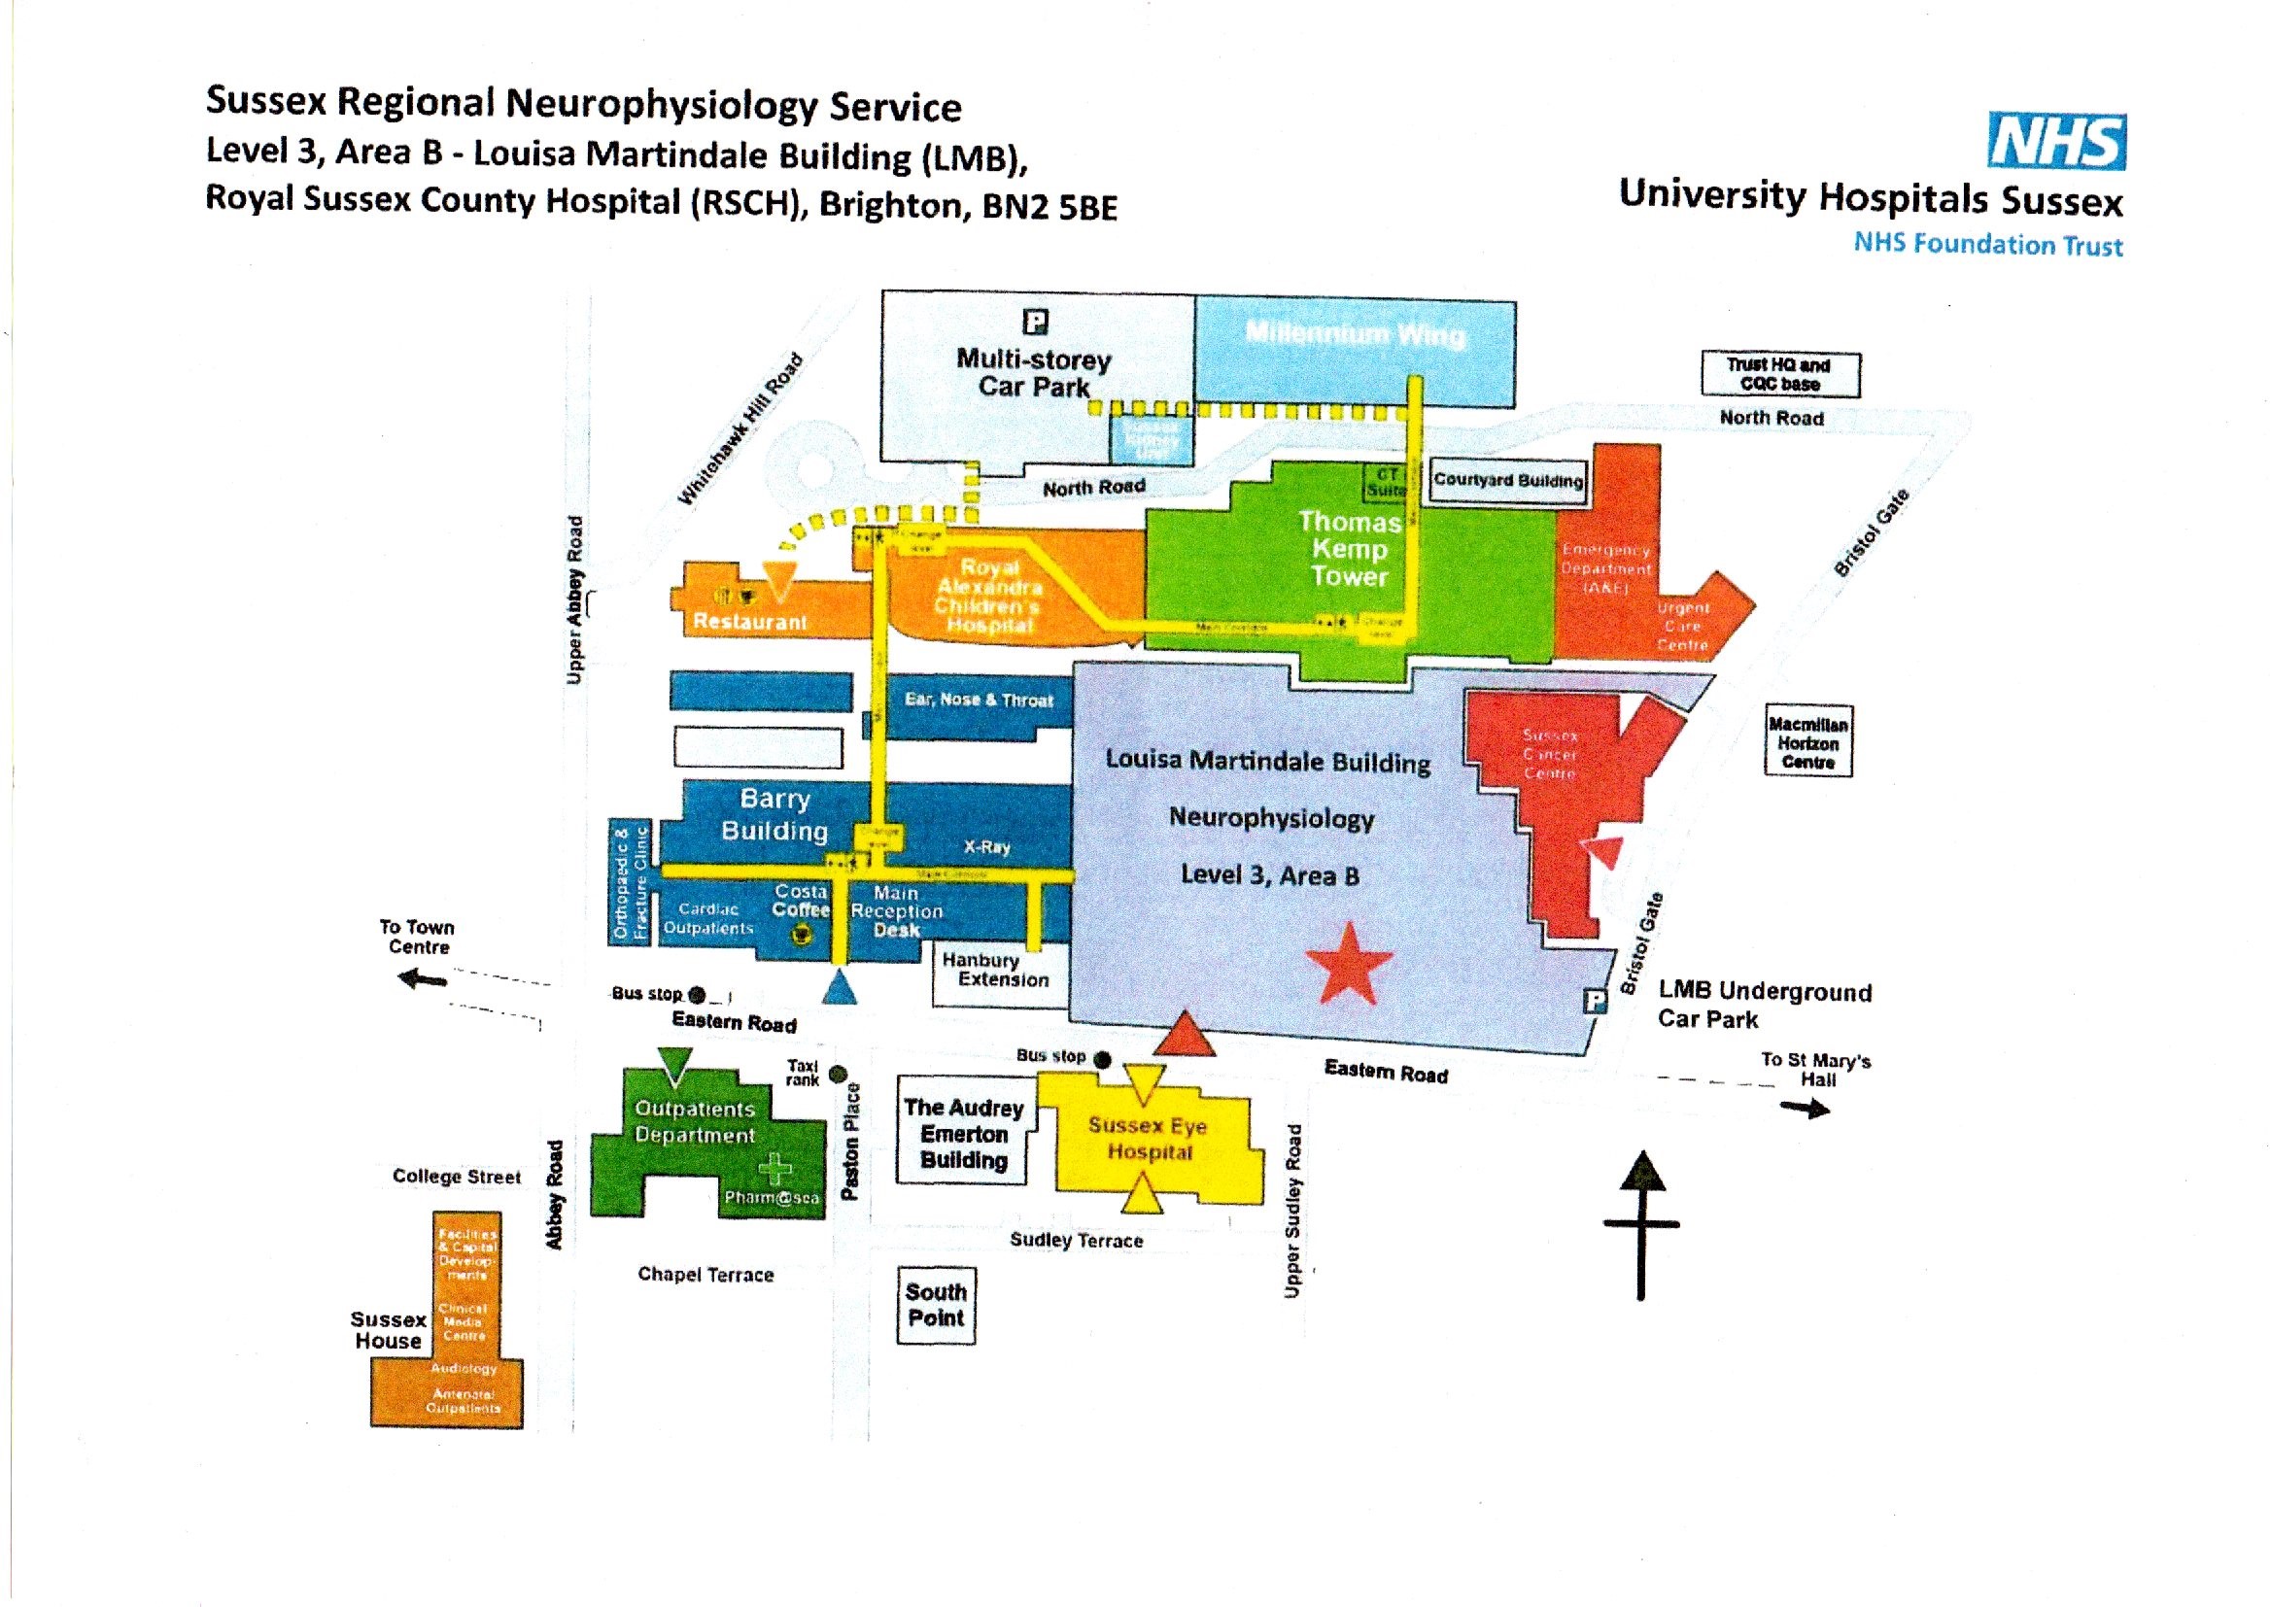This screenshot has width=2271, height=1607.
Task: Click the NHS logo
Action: coord(2056,142)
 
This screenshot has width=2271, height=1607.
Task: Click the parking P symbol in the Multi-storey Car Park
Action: coord(1035,323)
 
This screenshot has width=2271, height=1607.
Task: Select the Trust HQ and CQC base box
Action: coord(1780,375)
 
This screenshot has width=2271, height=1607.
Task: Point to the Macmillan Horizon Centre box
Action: coord(1807,742)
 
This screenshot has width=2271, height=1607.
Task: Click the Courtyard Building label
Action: coord(1508,480)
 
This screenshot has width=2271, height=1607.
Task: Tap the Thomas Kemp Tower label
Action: coord(1350,548)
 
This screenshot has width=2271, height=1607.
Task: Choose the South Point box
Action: coord(935,1305)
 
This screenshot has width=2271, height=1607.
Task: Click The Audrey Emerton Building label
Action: coord(963,1134)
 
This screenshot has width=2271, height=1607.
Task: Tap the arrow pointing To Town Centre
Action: coord(421,980)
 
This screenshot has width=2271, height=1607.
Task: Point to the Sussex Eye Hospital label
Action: coord(1148,1138)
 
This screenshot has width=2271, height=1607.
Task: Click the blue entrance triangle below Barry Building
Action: coord(840,987)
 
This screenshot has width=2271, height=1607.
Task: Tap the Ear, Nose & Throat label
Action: coord(979,701)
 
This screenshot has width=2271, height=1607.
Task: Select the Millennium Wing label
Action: coord(1356,333)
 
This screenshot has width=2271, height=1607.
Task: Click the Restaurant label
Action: coord(749,622)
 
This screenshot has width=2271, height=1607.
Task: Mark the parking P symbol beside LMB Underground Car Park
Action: coord(1594,1002)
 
